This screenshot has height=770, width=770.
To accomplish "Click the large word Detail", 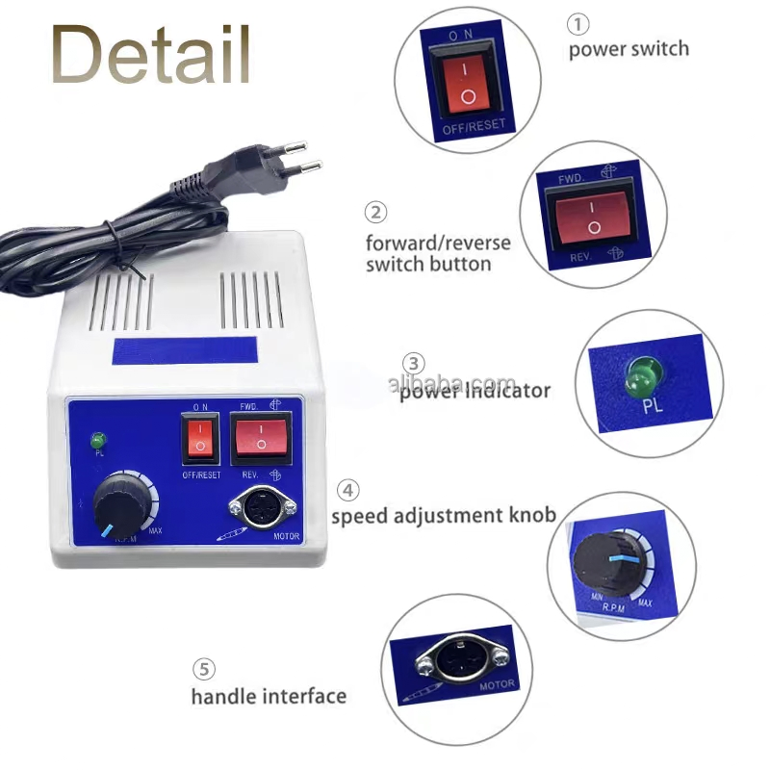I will [151, 55].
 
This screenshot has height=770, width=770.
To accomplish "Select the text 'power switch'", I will [628, 48].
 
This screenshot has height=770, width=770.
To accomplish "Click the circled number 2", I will [376, 213].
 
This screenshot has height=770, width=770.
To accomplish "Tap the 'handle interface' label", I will [269, 695].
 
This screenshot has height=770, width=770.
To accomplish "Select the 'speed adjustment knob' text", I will [444, 516].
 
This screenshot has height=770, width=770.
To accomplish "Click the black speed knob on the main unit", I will [124, 497].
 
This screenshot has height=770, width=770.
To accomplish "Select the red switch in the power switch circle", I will [467, 80].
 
